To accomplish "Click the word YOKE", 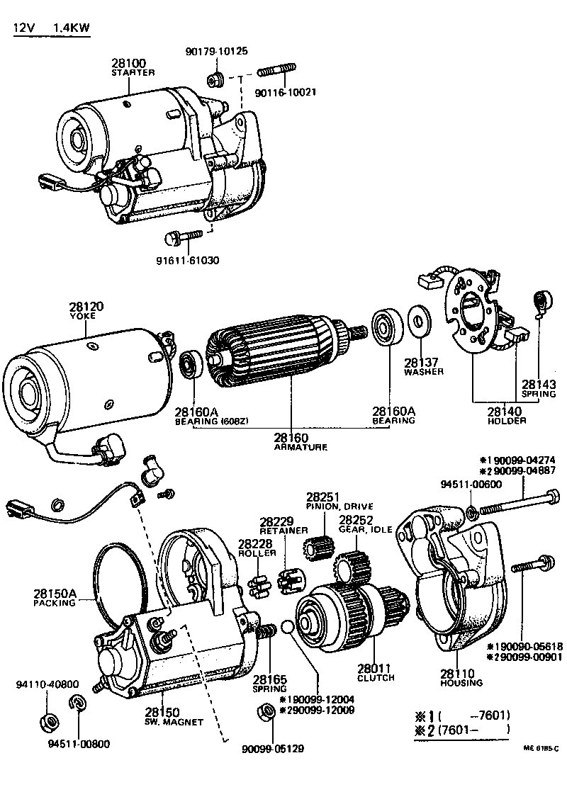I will click(86, 316).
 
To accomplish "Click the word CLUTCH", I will click(376, 678).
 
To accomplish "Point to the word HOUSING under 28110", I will click(461, 683).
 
